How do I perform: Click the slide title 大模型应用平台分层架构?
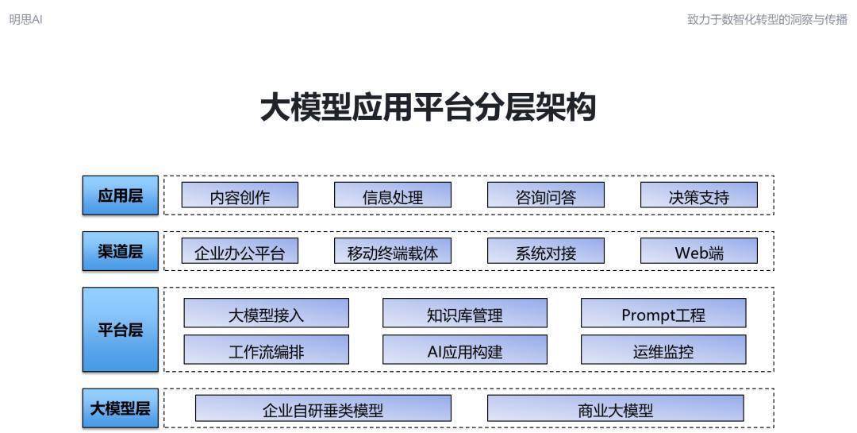pyautogui.click(x=428, y=106)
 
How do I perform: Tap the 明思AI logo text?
pyautogui.click(x=25, y=20)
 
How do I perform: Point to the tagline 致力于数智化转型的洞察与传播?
pyautogui.click(x=767, y=20)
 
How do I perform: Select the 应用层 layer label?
pyautogui.click(x=121, y=195)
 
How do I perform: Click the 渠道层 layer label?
pyautogui.click(x=121, y=251)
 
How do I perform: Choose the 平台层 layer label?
pyautogui.click(x=121, y=330)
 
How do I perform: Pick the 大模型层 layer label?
pyautogui.click(x=121, y=408)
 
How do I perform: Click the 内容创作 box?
pyautogui.click(x=240, y=195)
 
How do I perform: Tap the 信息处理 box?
pyautogui.click(x=393, y=195)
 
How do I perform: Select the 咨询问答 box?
pyautogui.click(x=545, y=195)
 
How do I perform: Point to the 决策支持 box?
pyautogui.click(x=699, y=195)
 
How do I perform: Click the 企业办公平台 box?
pyautogui.click(x=240, y=251)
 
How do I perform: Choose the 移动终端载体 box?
pyautogui.click(x=393, y=251)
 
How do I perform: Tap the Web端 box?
pyautogui.click(x=699, y=251)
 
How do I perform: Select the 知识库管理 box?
pyautogui.click(x=464, y=313)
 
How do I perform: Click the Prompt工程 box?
pyautogui.click(x=663, y=313)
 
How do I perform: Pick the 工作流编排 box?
pyautogui.click(x=266, y=350)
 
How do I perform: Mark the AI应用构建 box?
pyautogui.click(x=464, y=350)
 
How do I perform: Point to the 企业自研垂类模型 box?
pyautogui.click(x=323, y=408)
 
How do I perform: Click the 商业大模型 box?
pyautogui.click(x=616, y=408)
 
